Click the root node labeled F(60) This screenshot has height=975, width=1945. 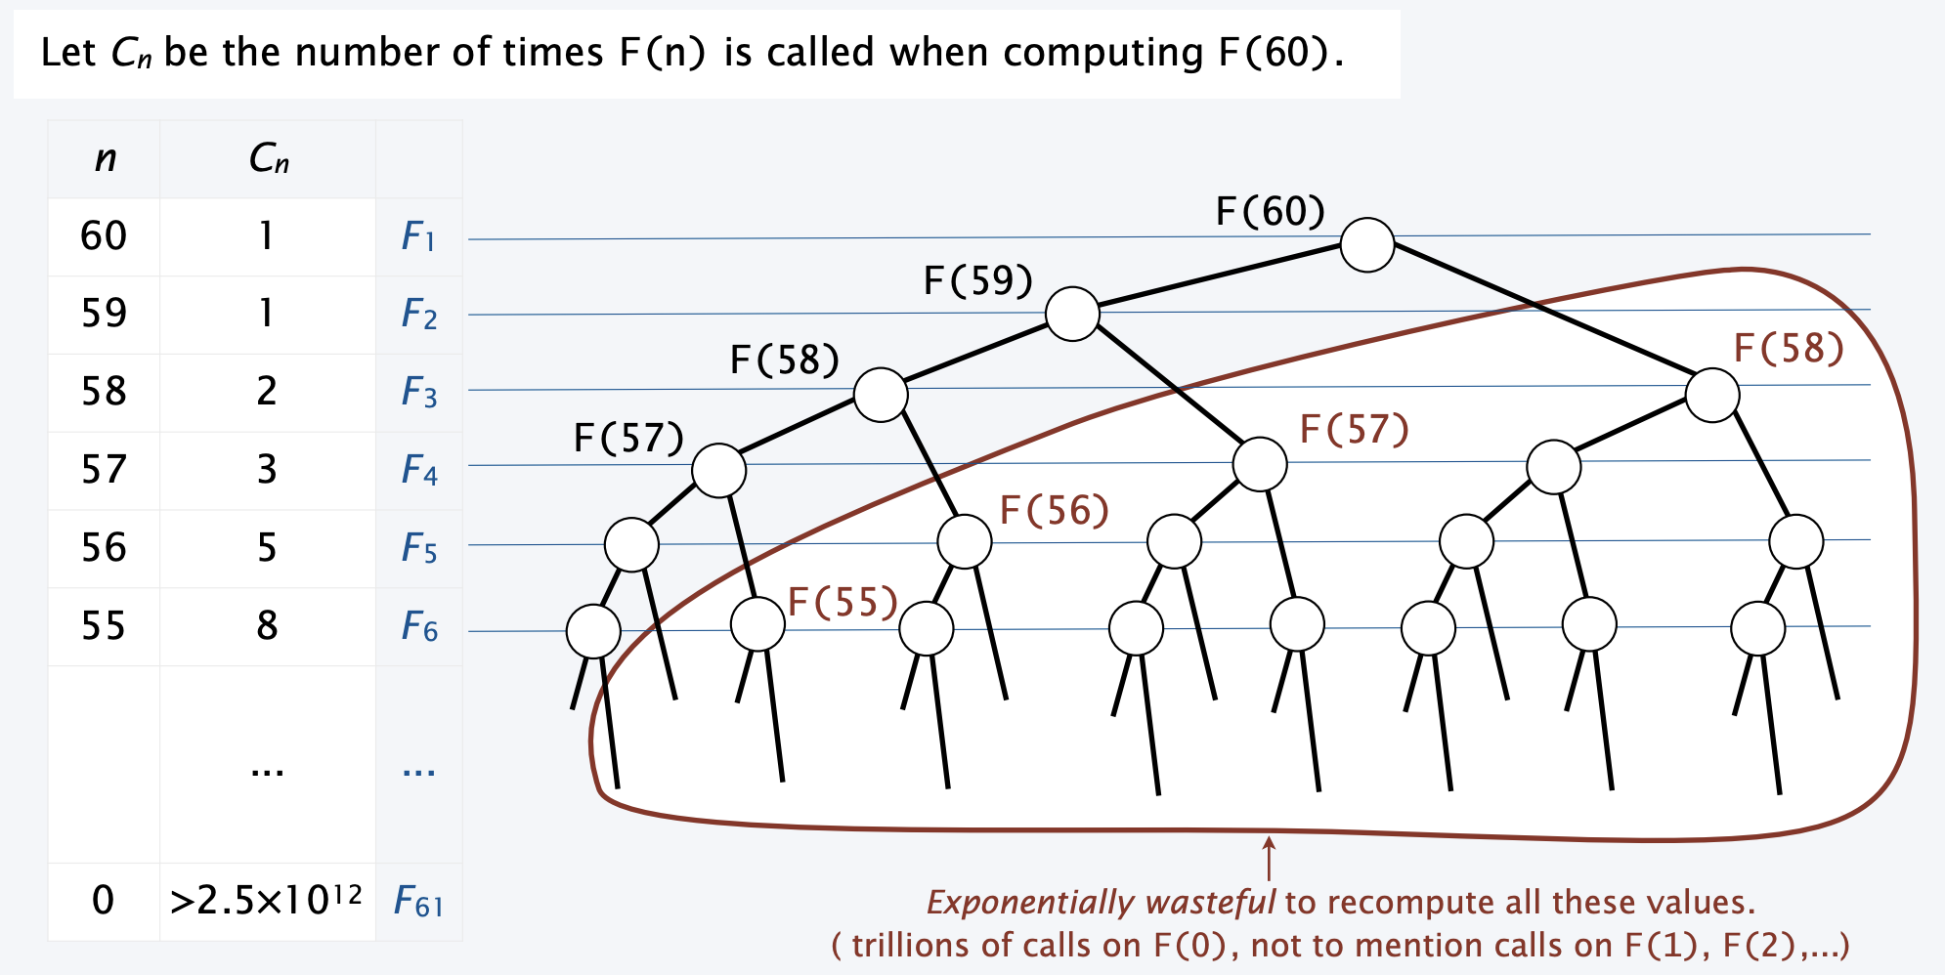coord(1366,244)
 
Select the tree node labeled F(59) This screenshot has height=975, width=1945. coord(1072,314)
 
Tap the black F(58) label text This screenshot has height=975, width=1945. coord(784,360)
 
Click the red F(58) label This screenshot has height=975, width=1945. coord(1788,348)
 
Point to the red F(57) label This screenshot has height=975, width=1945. coord(1354,429)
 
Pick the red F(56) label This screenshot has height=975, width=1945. coord(1054,510)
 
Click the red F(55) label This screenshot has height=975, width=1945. coord(842,602)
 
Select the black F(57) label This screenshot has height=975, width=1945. coord(628,438)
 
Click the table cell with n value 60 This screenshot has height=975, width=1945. coord(104,236)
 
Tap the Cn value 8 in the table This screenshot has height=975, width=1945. coord(267,625)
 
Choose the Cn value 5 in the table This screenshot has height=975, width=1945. coord(267,547)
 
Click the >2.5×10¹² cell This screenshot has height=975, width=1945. coord(266,900)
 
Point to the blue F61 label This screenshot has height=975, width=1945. coord(418,901)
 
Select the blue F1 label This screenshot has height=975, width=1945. coord(418,236)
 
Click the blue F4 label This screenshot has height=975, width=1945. coord(418,471)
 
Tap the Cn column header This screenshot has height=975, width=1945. coord(268,158)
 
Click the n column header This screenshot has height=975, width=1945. coord(105,158)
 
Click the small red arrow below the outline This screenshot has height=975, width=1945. coord(1269,858)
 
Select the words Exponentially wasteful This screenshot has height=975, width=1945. coord(1100,902)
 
